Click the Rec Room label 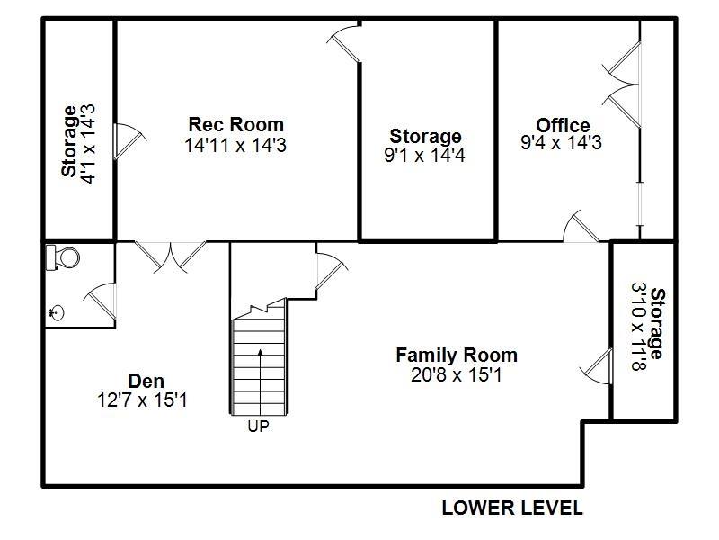(x=235, y=124)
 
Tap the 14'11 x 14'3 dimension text (x=235, y=145)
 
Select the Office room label (x=563, y=125)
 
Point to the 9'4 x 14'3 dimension (x=563, y=143)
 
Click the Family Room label (x=457, y=355)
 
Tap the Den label (x=146, y=381)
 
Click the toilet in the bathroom (x=64, y=257)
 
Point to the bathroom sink (x=57, y=312)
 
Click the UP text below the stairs (x=258, y=427)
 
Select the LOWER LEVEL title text (x=511, y=508)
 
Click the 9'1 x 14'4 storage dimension (x=425, y=155)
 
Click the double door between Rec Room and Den (x=170, y=255)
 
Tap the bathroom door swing (x=100, y=301)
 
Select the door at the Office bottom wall (x=581, y=229)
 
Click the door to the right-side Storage (x=598, y=366)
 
